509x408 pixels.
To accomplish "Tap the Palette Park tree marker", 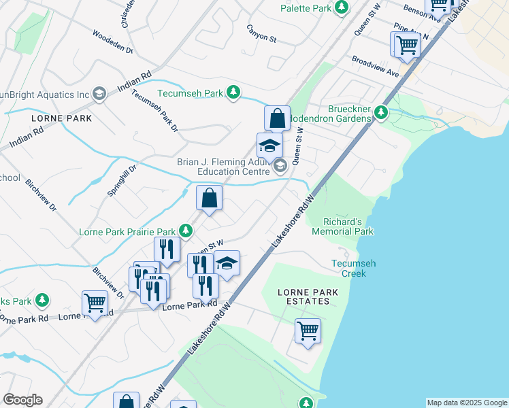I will (342, 8).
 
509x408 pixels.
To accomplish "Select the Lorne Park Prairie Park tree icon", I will (184, 231).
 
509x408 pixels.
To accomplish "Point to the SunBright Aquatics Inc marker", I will (99, 94).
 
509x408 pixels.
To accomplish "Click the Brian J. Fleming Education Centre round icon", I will (280, 165).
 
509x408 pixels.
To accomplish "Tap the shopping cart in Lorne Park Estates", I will (308, 331).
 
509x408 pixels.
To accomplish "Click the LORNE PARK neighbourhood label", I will (61, 118).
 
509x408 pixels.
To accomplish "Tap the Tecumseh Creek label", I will (348, 269).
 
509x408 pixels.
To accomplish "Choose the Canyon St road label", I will (262, 38).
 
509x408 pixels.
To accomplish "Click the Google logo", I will (22, 400).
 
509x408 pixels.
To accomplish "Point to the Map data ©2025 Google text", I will (467, 403).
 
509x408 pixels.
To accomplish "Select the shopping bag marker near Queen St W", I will (277, 118).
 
